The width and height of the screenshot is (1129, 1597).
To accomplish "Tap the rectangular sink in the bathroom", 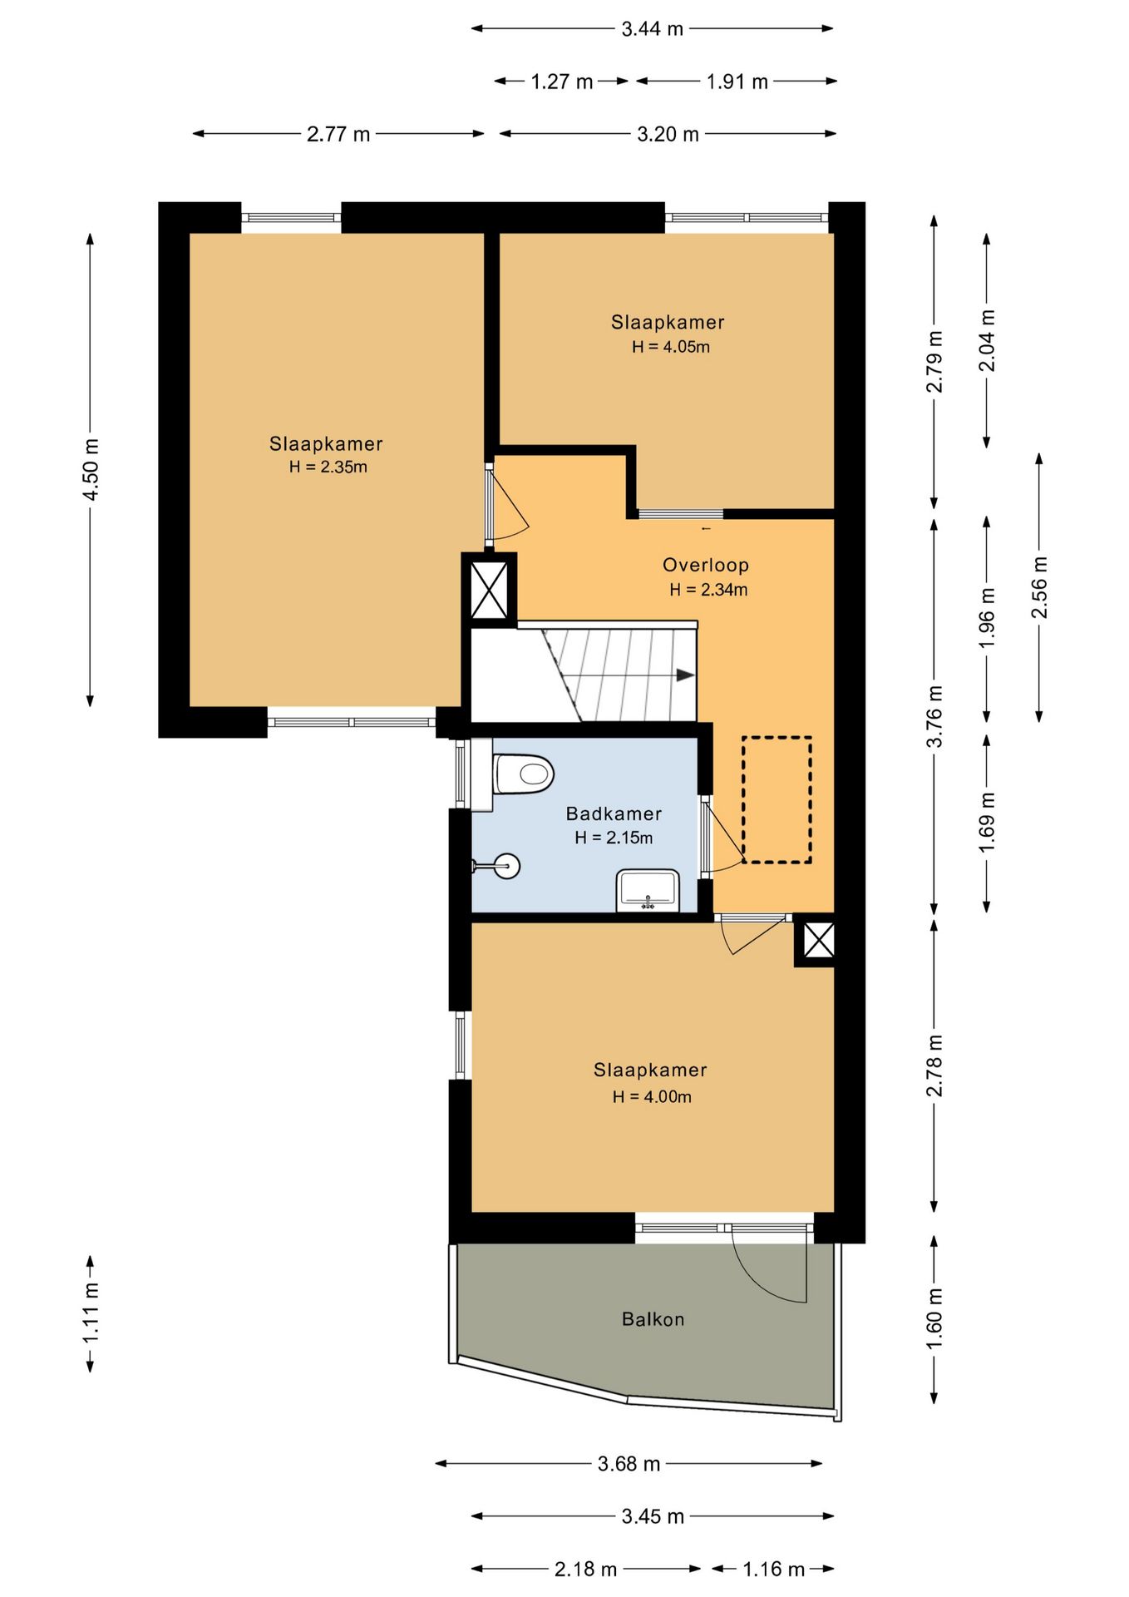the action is point(648,890).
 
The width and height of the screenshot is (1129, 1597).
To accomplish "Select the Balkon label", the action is point(653,1319).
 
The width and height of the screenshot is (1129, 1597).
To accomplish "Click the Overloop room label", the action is point(706,565).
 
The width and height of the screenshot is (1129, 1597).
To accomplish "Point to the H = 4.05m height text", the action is point(671,347).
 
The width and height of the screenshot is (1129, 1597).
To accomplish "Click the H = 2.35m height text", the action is point(328,467).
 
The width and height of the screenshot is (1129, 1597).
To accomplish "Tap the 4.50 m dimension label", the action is point(91,470).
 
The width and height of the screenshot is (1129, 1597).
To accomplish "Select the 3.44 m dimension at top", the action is point(653,29).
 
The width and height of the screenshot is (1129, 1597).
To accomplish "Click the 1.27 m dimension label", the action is point(562,82).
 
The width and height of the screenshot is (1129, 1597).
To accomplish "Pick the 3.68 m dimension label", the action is point(629,1464).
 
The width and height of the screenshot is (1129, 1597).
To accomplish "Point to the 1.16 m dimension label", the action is point(774,1570).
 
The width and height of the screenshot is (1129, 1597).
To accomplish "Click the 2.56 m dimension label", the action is point(1039,587).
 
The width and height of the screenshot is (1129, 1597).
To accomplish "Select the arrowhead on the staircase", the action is point(685,675).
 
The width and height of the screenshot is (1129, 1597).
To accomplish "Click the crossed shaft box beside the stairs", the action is point(489,590).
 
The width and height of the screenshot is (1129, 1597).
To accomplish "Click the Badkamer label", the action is point(614,813).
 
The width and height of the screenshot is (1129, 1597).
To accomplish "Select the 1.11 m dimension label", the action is point(91,1313).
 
